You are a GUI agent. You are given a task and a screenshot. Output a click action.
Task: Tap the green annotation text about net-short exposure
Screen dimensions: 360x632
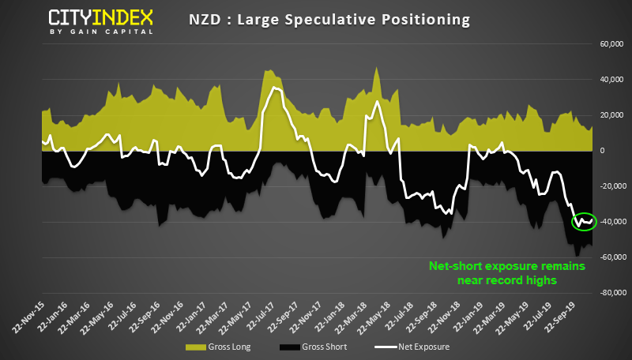(506, 273)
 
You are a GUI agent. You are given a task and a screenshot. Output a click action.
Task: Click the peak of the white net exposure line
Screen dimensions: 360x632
(273, 87)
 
